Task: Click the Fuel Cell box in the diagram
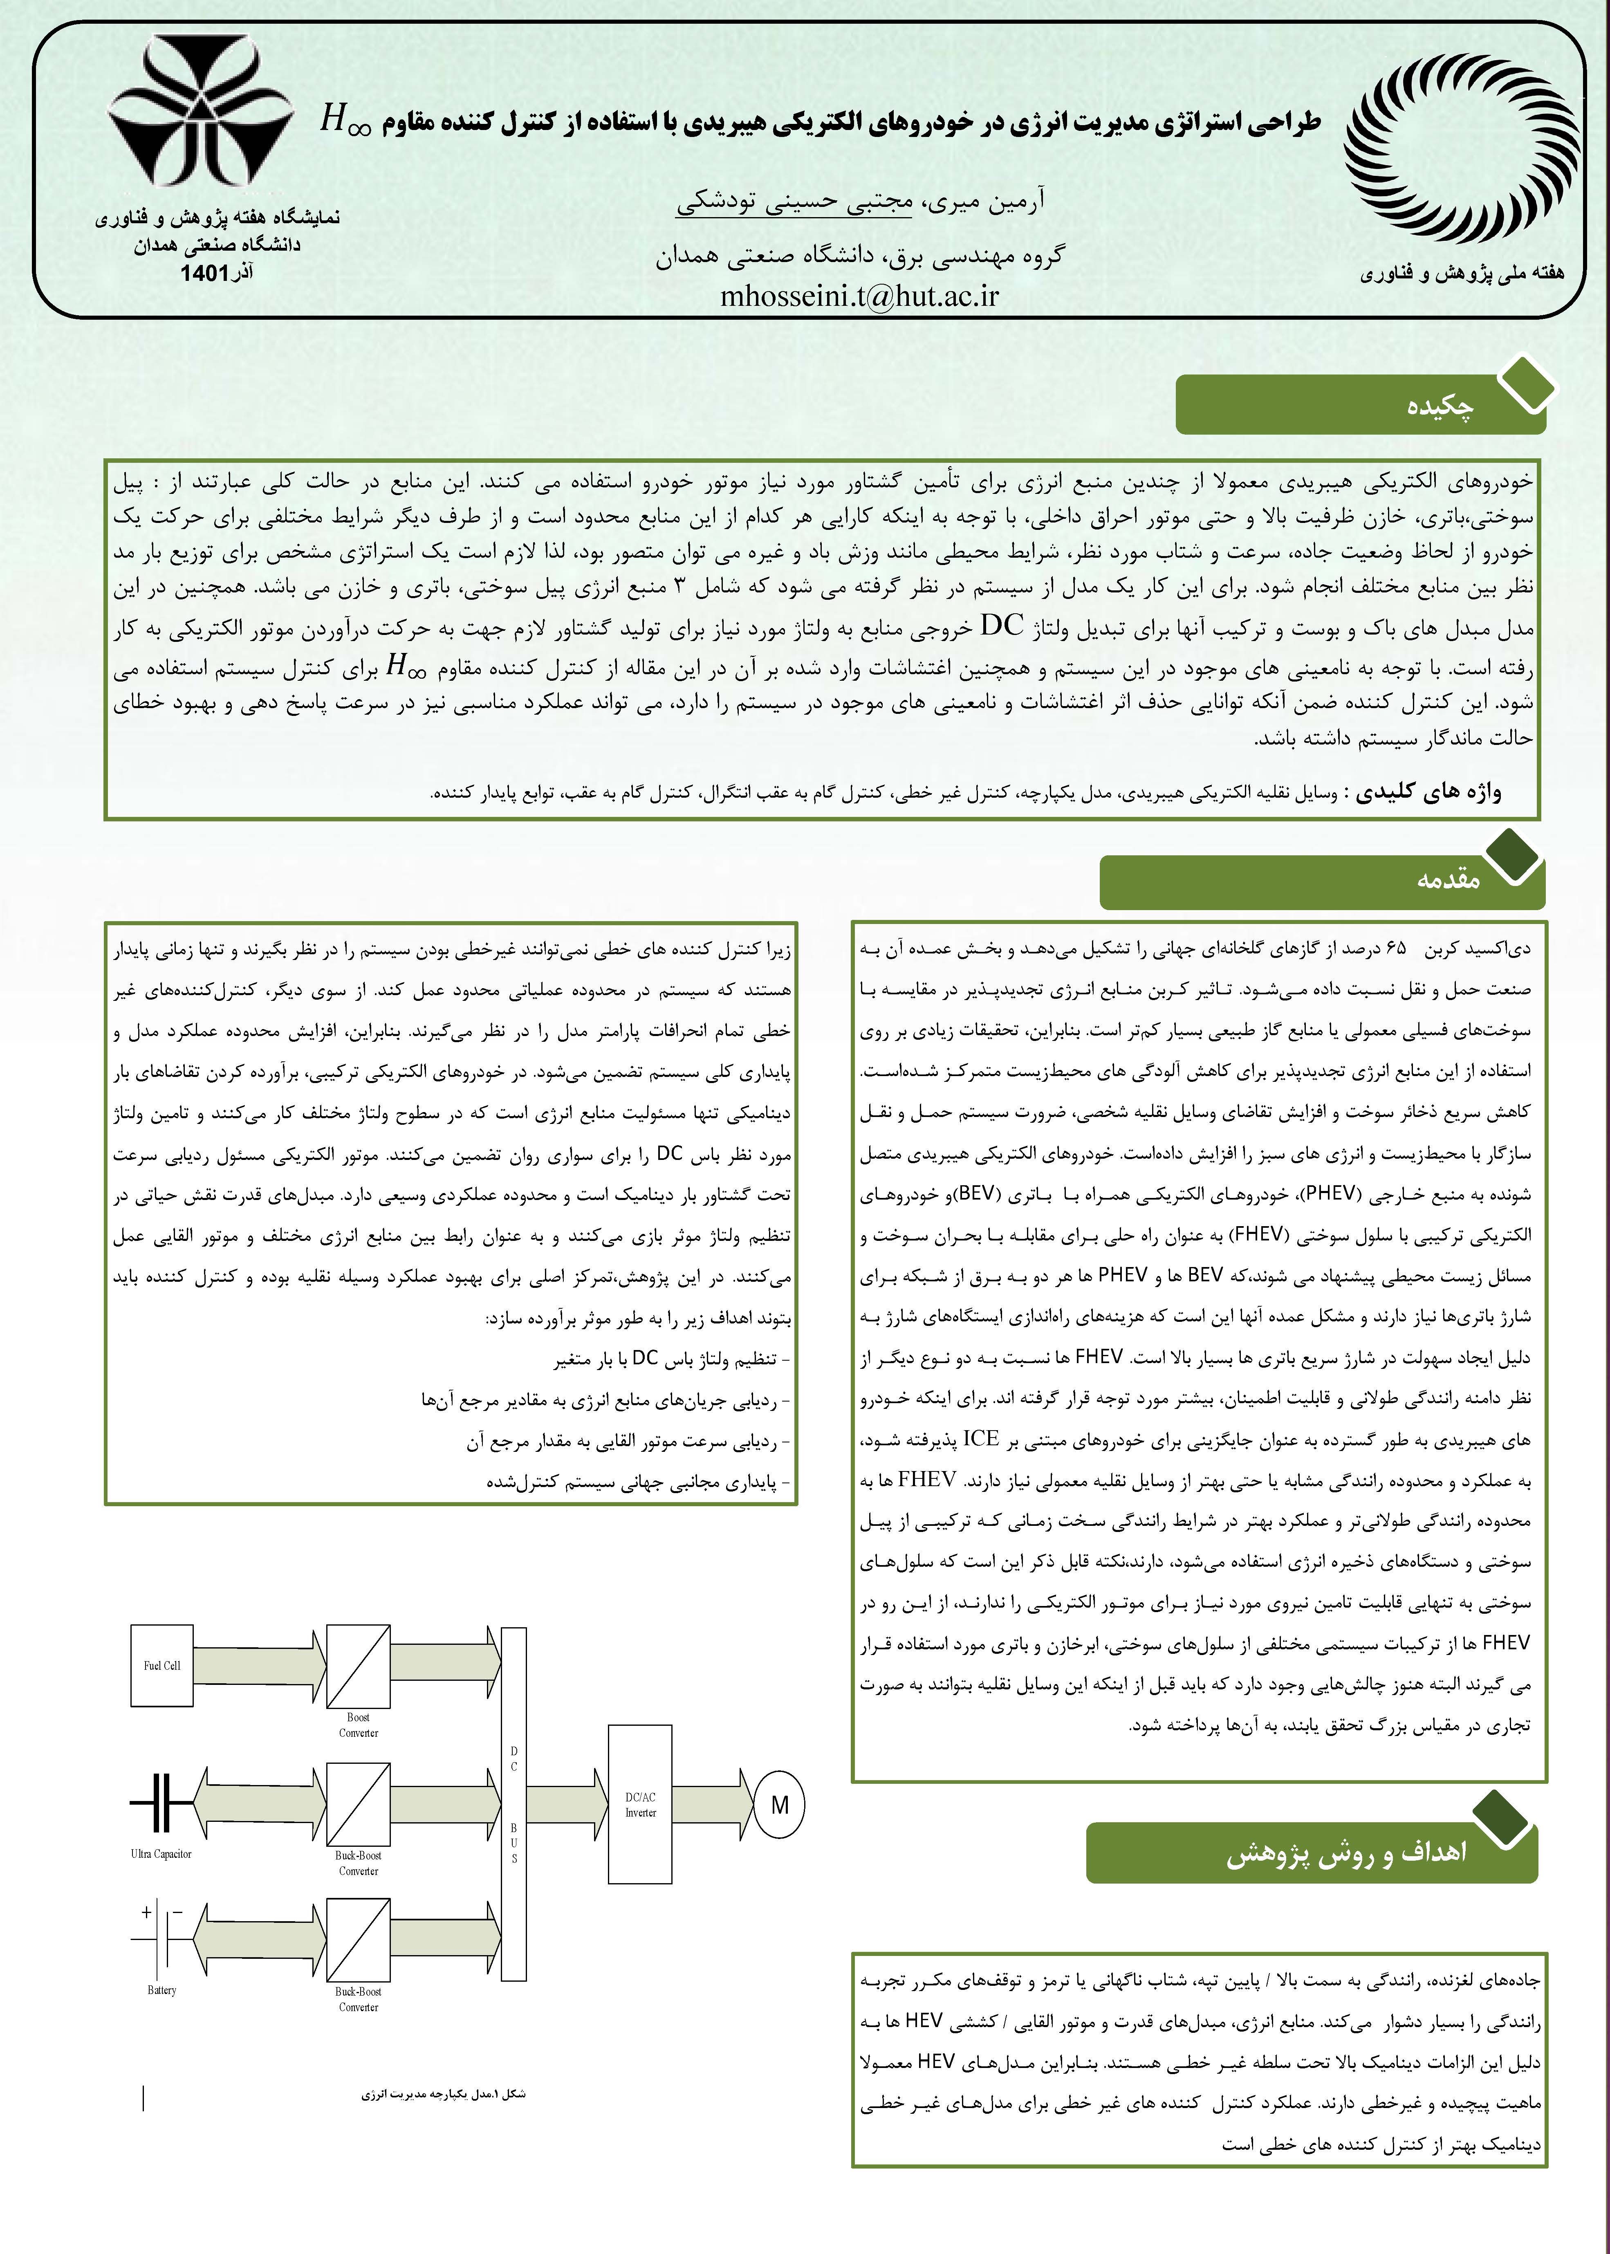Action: click(161, 1665)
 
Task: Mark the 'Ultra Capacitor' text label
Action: click(161, 1854)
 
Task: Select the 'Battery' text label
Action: click(161, 1989)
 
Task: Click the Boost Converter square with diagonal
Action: click(358, 1665)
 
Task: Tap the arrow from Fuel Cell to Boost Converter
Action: click(260, 1665)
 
